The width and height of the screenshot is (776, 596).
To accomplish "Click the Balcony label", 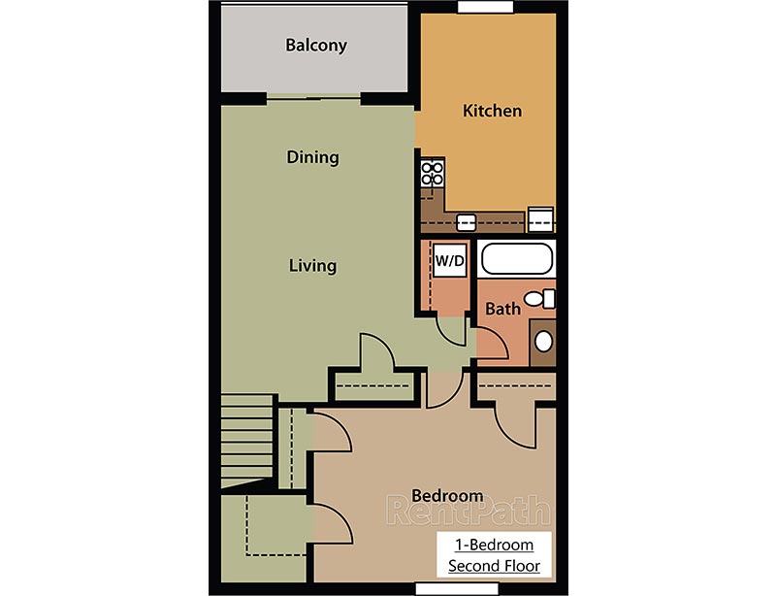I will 315,46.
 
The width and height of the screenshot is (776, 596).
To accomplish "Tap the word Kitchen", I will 492,111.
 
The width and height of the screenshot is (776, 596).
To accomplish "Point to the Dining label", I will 312,157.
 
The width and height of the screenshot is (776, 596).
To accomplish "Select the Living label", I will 312,265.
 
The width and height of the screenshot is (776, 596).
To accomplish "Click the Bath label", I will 503,309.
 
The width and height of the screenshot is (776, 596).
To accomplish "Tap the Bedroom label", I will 445,496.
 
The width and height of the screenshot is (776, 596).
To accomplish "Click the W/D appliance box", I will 449,260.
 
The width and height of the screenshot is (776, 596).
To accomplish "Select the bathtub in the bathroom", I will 517,260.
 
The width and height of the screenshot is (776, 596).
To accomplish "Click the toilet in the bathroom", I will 536,298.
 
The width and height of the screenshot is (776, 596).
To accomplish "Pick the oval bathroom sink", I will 544,342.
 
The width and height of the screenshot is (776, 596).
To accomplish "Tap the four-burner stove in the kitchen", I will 432,174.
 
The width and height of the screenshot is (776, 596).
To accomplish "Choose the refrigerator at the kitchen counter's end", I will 540,219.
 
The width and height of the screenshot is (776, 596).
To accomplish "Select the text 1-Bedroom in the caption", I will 494,545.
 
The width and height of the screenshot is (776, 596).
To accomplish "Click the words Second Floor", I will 494,565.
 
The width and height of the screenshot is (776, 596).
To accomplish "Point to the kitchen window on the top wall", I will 485,7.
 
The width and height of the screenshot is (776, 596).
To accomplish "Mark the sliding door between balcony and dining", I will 314,97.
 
